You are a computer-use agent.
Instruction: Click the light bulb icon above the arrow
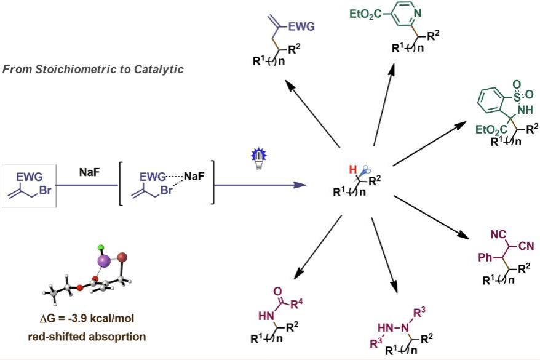(x=257, y=156)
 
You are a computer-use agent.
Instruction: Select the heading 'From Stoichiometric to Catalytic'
(x=93, y=69)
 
